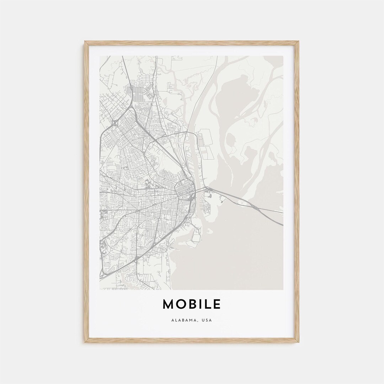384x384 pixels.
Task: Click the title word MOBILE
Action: coord(192,304)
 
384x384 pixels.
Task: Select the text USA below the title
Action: coord(207,320)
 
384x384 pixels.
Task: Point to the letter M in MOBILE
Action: coord(169,304)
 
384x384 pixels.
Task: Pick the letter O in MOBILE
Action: coord(181,304)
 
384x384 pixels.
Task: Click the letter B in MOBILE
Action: coord(192,304)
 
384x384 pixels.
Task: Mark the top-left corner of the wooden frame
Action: coord(85,42)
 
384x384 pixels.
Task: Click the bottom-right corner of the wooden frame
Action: coord(298,342)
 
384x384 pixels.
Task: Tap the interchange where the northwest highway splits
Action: coord(114,123)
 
